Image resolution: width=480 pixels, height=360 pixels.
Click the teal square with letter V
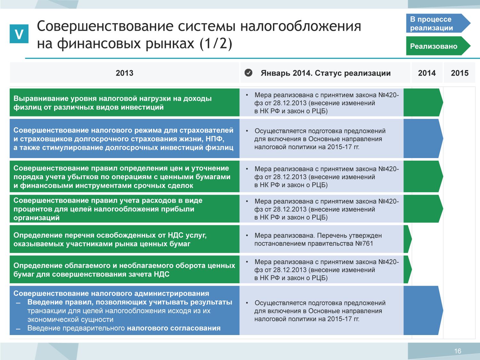click(19, 34)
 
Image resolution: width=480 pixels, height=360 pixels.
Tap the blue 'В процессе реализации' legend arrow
click(438, 23)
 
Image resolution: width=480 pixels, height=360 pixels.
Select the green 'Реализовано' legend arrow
click(438, 46)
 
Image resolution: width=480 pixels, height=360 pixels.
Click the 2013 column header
click(124, 73)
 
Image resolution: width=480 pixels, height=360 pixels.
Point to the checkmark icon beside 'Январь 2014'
click(248, 73)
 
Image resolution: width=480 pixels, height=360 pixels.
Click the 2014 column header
click(427, 73)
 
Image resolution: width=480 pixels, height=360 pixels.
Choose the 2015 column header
click(460, 73)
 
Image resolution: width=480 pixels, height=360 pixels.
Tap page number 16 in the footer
click(458, 351)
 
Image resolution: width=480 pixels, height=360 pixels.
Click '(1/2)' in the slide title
click(216, 44)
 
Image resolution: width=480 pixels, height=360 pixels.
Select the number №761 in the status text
click(364, 244)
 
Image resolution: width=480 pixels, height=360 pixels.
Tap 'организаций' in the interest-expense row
click(36, 218)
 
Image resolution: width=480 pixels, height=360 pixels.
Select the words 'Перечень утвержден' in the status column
click(349, 236)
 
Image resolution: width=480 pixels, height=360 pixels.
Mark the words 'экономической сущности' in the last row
click(70, 319)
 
